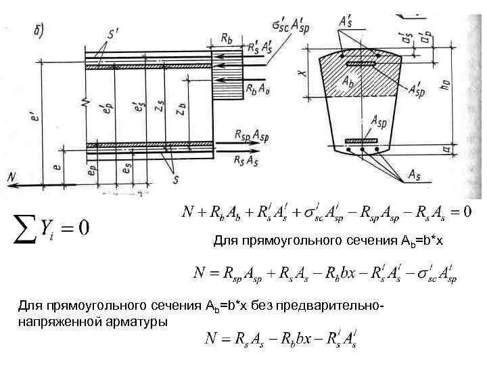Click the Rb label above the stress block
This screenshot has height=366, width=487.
pos(227,38)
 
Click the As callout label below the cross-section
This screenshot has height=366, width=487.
pos(417,175)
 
